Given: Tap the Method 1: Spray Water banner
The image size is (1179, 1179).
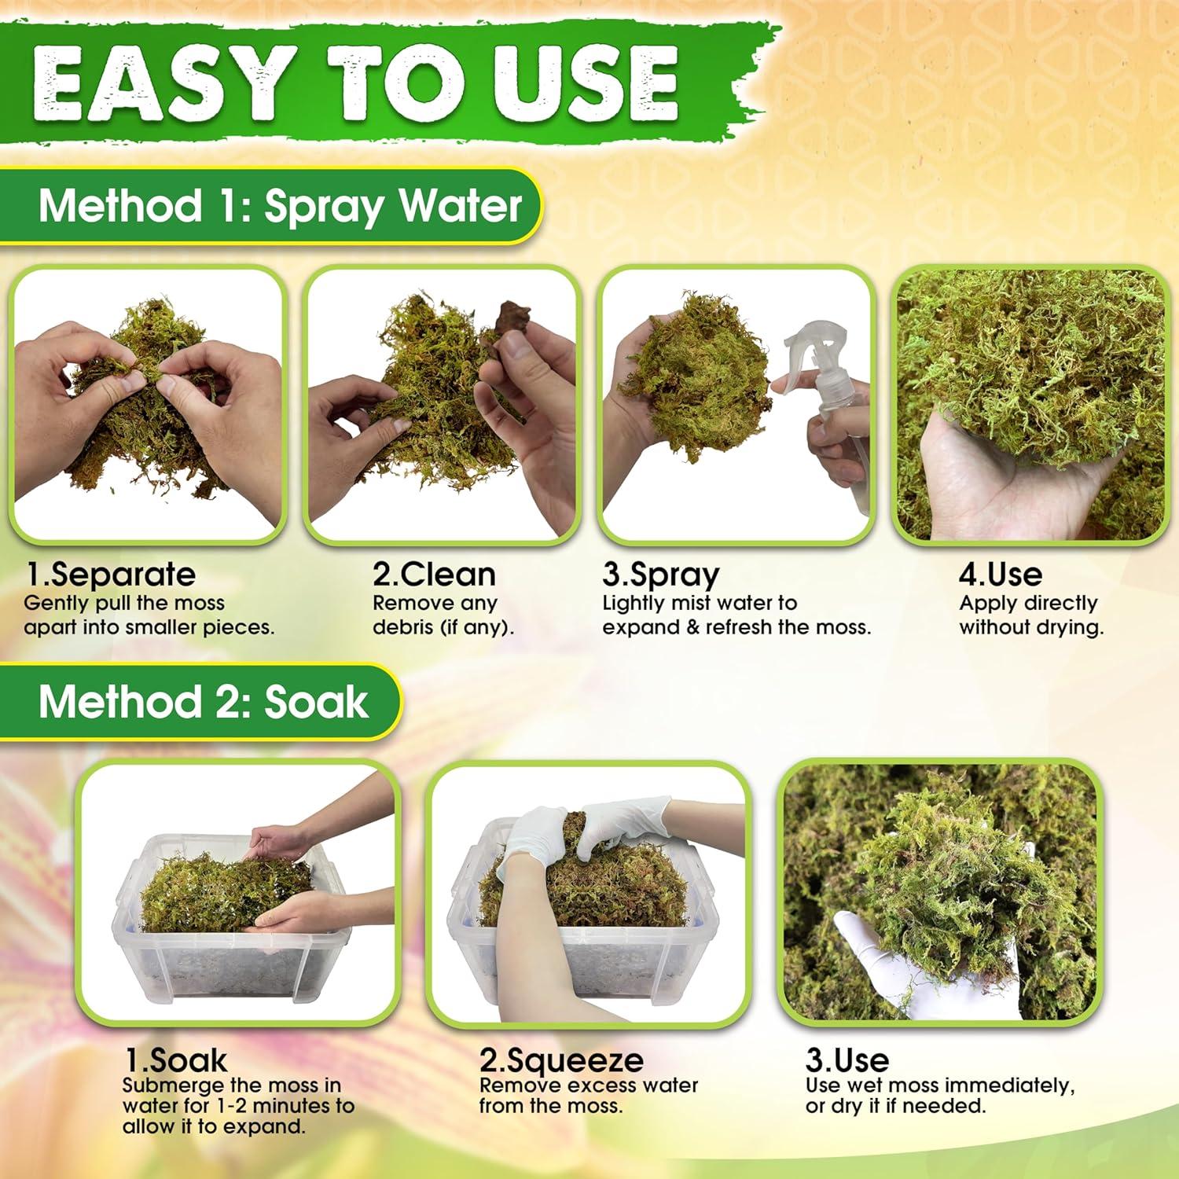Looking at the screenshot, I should click(280, 206).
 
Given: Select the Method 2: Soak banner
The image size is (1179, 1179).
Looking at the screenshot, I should click(203, 701).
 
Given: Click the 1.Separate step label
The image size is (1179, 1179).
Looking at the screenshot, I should click(110, 575).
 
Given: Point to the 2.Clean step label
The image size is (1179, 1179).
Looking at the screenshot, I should click(434, 575).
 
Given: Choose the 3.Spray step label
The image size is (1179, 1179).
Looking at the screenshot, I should click(660, 575).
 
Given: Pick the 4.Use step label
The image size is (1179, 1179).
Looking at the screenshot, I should click(1000, 575).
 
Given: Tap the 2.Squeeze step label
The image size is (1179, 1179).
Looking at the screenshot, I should click(561, 1060).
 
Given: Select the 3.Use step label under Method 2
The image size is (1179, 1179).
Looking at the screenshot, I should click(847, 1060).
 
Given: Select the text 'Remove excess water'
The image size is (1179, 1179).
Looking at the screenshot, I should click(589, 1085).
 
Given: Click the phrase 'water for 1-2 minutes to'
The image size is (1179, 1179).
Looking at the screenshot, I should click(238, 1106).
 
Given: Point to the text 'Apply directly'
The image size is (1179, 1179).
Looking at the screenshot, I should click(1028, 603).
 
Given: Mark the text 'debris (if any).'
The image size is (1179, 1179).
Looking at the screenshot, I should click(443, 627).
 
